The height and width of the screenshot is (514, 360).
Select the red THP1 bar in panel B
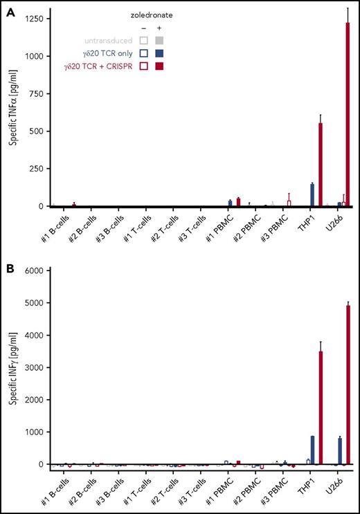[x=321, y=407]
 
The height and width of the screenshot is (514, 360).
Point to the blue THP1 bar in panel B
[x=312, y=450]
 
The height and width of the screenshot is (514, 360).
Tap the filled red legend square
[x=159, y=66]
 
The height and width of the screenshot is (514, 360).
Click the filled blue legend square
[x=159, y=52]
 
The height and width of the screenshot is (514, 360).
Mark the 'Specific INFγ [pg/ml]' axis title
[x=15, y=367]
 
